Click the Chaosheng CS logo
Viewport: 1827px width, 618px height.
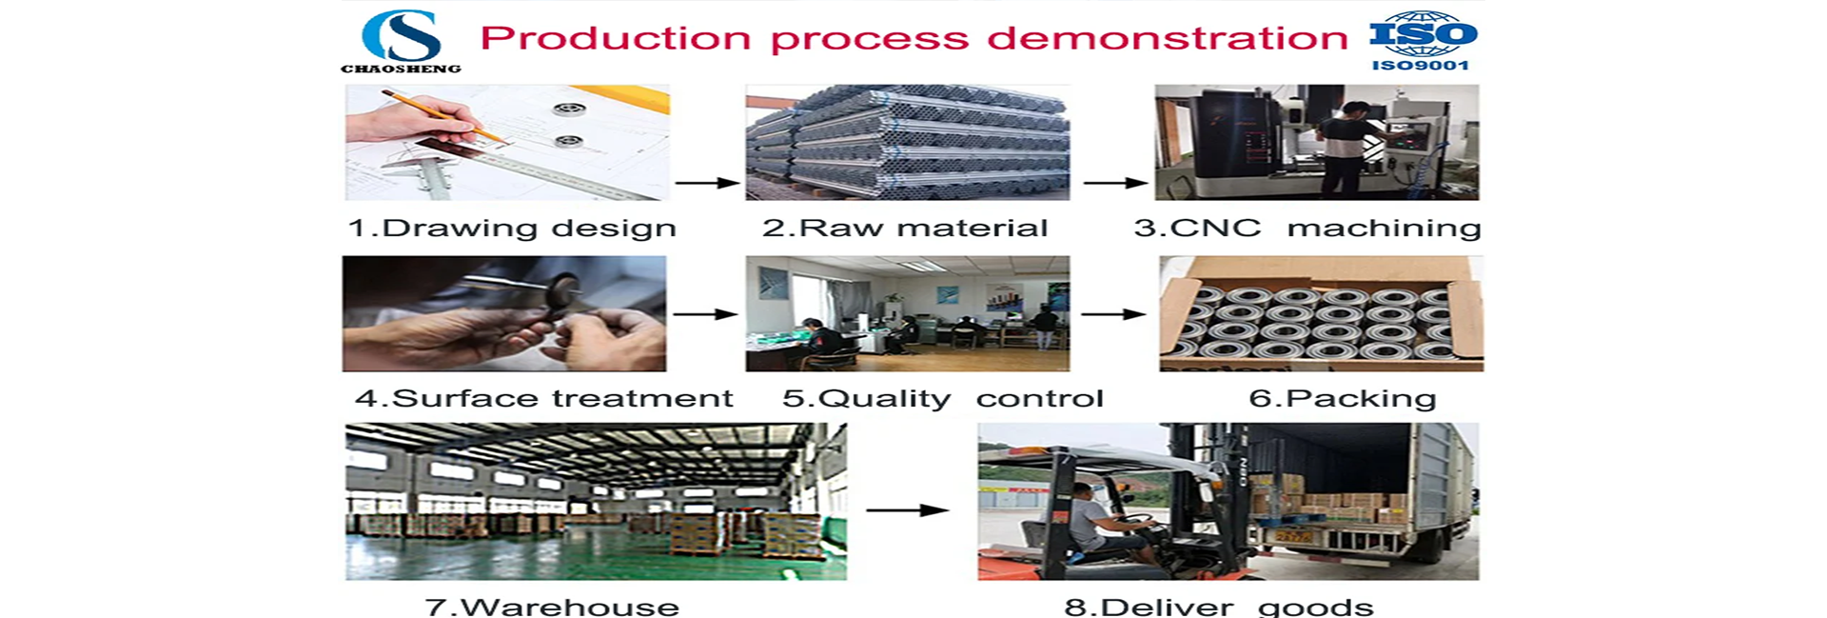(x=401, y=41)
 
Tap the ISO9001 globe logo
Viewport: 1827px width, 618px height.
(x=1423, y=41)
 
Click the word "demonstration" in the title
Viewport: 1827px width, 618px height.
(x=1168, y=38)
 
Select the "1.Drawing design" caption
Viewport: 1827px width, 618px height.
(x=512, y=229)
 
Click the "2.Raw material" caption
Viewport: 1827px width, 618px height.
(x=905, y=229)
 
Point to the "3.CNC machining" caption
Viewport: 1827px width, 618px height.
(x=1307, y=229)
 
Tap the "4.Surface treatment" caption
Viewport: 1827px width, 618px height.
(x=544, y=398)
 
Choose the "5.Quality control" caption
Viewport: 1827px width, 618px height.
(x=943, y=399)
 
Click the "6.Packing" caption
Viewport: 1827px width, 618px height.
(x=1343, y=399)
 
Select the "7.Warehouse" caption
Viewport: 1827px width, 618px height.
(x=552, y=607)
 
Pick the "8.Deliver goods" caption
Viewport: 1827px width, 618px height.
(x=1219, y=607)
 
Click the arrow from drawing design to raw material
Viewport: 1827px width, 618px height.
(x=707, y=183)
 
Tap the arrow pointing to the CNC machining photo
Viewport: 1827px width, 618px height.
(x=1115, y=183)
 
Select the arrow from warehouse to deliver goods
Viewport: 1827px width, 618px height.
(x=907, y=510)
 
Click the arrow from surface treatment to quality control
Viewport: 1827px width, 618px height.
(x=705, y=313)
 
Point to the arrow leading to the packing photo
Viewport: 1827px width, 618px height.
(x=1113, y=313)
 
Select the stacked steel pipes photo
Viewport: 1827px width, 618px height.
(x=907, y=142)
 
